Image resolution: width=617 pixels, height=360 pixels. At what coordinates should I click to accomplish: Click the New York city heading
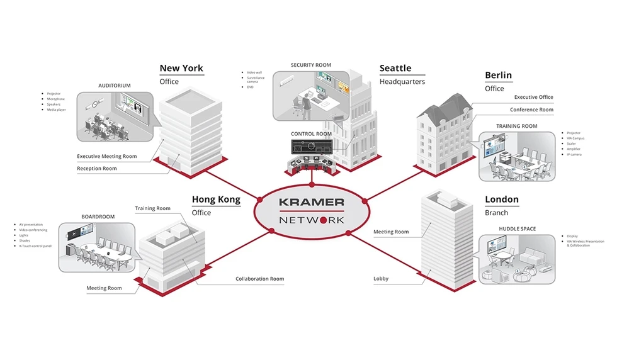point(181,68)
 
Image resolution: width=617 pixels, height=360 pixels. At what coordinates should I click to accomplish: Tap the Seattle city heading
point(395,68)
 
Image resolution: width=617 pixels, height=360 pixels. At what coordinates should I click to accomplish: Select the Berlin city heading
point(498,75)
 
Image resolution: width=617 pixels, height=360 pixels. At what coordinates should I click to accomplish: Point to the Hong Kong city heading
point(216,200)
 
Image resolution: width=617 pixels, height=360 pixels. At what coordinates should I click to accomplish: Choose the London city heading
point(502,200)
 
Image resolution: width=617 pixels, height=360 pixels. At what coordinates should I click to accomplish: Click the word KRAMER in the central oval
point(312,202)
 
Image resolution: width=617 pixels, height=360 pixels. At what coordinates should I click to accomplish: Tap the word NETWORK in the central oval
point(312,220)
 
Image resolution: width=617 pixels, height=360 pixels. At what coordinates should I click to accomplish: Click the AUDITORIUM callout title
point(115,86)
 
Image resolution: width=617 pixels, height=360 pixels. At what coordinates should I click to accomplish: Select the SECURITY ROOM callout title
point(311,65)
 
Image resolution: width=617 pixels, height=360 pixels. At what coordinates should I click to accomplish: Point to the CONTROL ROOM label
point(311,134)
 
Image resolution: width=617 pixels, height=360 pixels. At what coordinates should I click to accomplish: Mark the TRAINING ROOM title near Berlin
point(516,126)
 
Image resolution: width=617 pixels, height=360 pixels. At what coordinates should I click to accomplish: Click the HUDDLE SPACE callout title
point(518,228)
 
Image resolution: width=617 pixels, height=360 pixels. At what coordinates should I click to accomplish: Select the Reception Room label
point(97,169)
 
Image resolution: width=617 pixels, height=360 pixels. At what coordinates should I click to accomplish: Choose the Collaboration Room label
point(260,279)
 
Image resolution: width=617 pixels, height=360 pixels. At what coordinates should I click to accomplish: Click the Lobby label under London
point(381,279)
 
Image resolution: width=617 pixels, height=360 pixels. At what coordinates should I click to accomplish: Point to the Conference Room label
point(531,110)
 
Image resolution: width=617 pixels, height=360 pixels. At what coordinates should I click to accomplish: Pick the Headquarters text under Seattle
point(402,82)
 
